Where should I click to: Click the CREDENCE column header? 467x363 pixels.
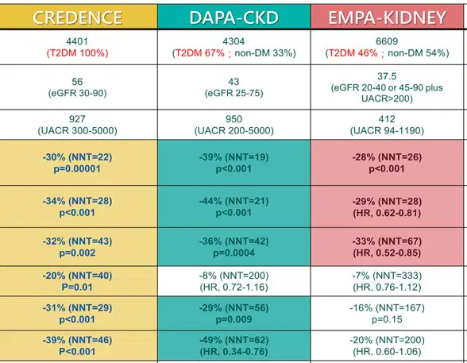(78, 17)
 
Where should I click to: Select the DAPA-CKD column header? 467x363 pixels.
(234, 17)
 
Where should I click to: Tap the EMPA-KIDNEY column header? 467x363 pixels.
(387, 17)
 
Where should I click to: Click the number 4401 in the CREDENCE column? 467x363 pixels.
(77, 41)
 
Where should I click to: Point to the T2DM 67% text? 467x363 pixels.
(199, 53)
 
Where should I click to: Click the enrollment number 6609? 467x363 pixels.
(387, 41)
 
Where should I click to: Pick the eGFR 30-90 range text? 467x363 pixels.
(78, 93)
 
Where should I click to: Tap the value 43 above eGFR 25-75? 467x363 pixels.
(234, 82)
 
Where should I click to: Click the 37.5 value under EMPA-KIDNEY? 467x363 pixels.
(387, 76)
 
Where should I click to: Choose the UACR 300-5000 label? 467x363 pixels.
(78, 130)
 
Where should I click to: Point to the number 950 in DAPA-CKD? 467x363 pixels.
(234, 119)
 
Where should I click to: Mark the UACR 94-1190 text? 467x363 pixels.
(387, 130)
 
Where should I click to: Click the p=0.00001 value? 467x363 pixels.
(77, 169)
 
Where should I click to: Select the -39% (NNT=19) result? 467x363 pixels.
(234, 157)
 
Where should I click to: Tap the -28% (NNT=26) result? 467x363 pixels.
(387, 157)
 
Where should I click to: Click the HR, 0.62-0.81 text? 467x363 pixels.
(387, 213)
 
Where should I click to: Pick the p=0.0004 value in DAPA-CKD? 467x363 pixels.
(234, 253)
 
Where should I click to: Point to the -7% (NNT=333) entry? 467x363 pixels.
(387, 276)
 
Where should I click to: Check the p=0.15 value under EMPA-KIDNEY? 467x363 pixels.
(387, 319)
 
